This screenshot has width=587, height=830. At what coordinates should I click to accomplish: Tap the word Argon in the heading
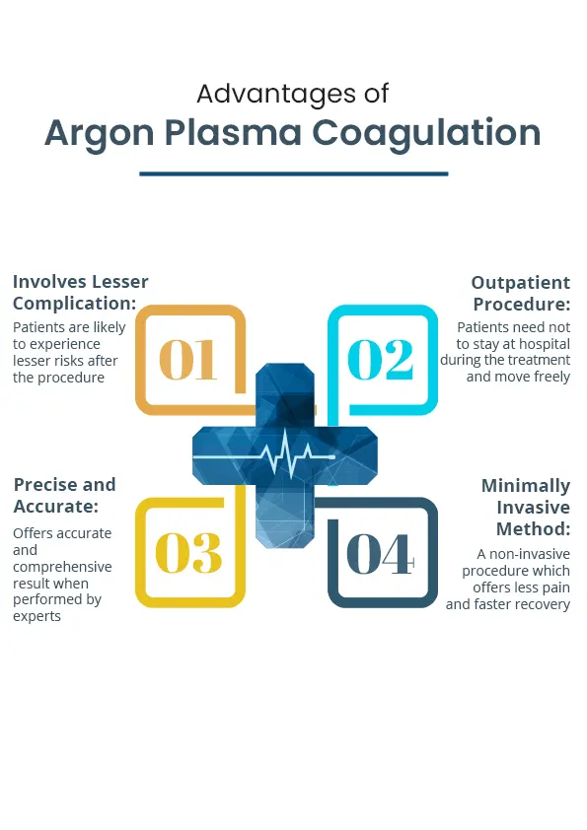click(x=99, y=133)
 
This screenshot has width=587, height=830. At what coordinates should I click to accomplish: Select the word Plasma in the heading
click(x=233, y=132)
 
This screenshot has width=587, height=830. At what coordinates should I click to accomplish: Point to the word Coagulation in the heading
click(x=426, y=133)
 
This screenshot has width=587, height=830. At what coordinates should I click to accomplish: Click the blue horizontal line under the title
click(x=294, y=173)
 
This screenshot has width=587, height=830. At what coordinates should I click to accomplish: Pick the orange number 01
click(x=188, y=360)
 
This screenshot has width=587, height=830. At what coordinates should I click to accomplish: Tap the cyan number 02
click(x=381, y=360)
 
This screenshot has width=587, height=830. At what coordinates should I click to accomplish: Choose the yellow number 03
click(x=188, y=553)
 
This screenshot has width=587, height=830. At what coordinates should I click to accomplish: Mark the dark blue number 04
click(x=381, y=554)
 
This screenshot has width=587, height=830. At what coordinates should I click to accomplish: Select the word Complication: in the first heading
click(x=75, y=304)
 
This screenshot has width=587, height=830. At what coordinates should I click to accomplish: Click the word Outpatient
click(x=521, y=283)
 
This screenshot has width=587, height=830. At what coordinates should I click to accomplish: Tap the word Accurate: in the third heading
click(x=56, y=507)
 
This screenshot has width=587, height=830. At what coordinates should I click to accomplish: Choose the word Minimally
click(x=526, y=486)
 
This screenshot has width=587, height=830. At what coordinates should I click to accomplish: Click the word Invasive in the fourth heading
click(x=533, y=508)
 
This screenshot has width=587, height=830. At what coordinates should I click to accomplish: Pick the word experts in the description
click(x=37, y=617)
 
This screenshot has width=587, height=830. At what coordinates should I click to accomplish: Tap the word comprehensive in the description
click(x=62, y=568)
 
